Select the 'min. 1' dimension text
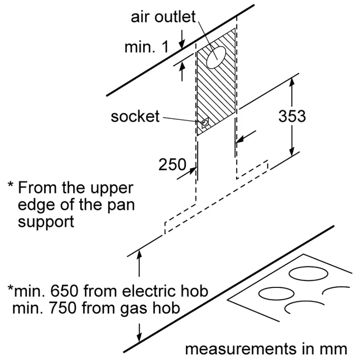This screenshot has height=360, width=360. click(x=146, y=47)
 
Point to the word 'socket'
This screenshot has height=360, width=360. click(x=135, y=117)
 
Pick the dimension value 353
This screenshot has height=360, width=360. click(x=292, y=116)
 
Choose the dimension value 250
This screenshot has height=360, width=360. click(x=173, y=165)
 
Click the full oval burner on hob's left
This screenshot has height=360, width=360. click(x=272, y=294)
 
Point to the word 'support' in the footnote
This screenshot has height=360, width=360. click(x=46, y=221)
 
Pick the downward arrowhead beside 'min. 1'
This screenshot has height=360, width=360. click(x=183, y=44)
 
